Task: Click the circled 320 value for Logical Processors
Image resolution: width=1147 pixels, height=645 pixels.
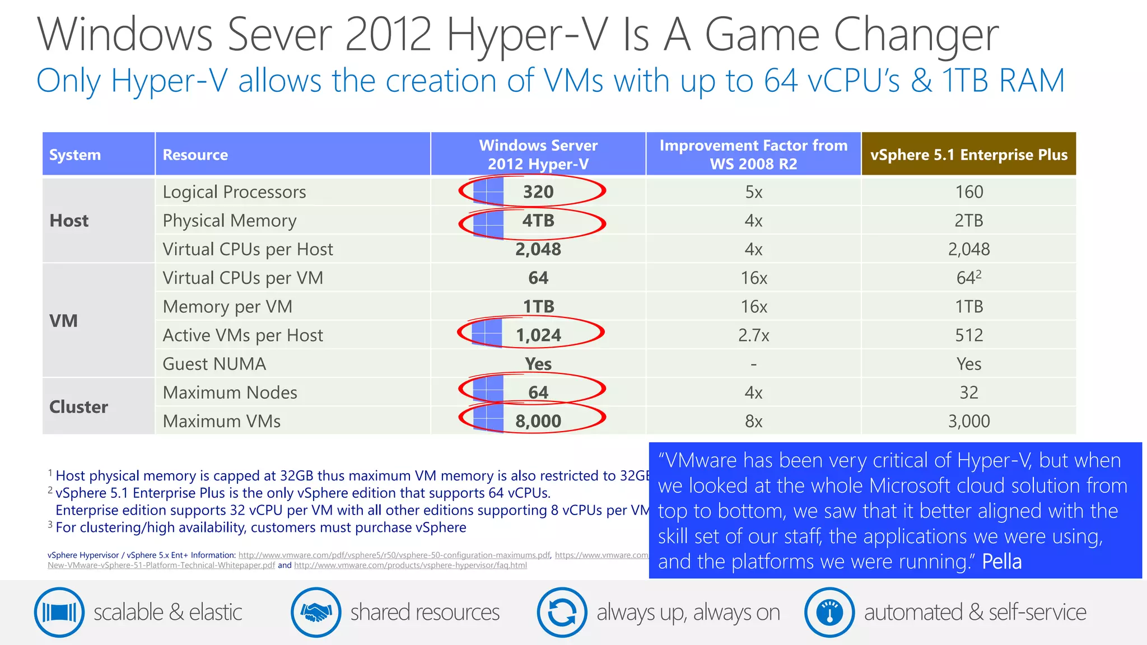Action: tap(538, 192)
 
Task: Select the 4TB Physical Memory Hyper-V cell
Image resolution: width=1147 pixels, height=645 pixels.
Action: tap(538, 221)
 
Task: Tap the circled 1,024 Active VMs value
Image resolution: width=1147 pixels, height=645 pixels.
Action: tap(538, 335)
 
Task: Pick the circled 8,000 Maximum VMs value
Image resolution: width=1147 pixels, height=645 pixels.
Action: tap(538, 421)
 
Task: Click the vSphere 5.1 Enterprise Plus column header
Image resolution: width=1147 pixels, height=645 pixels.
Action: tap(968, 155)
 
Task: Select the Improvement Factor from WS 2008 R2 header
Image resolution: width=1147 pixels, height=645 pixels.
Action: tap(753, 155)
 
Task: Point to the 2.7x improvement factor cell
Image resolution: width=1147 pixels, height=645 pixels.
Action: tap(753, 335)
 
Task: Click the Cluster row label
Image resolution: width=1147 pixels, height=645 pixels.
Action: tap(78, 407)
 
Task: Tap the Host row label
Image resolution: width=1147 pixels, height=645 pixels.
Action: tap(69, 221)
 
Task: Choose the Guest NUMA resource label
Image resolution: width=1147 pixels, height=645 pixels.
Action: tap(215, 364)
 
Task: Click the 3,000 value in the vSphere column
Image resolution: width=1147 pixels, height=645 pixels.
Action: tap(968, 421)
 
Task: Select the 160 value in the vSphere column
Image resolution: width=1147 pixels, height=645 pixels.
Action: tap(968, 192)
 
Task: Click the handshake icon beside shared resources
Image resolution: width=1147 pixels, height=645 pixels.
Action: tap(316, 612)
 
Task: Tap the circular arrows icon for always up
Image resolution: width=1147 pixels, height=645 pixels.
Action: tap(562, 612)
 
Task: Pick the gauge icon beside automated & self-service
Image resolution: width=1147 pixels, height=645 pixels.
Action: tap(829, 612)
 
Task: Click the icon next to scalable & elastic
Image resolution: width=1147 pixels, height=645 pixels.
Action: tap(59, 612)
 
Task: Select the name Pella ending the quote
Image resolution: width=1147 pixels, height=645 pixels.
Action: tap(1001, 562)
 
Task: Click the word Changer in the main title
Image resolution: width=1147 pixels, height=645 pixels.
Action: tap(916, 35)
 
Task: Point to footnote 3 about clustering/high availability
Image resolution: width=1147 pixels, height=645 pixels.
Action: tap(260, 527)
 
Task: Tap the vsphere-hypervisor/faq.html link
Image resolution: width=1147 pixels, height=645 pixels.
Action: tap(411, 565)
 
